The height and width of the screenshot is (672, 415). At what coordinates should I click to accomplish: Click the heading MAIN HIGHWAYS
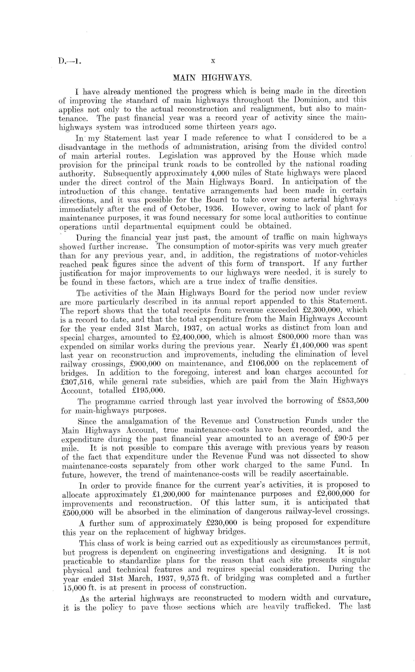212,78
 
